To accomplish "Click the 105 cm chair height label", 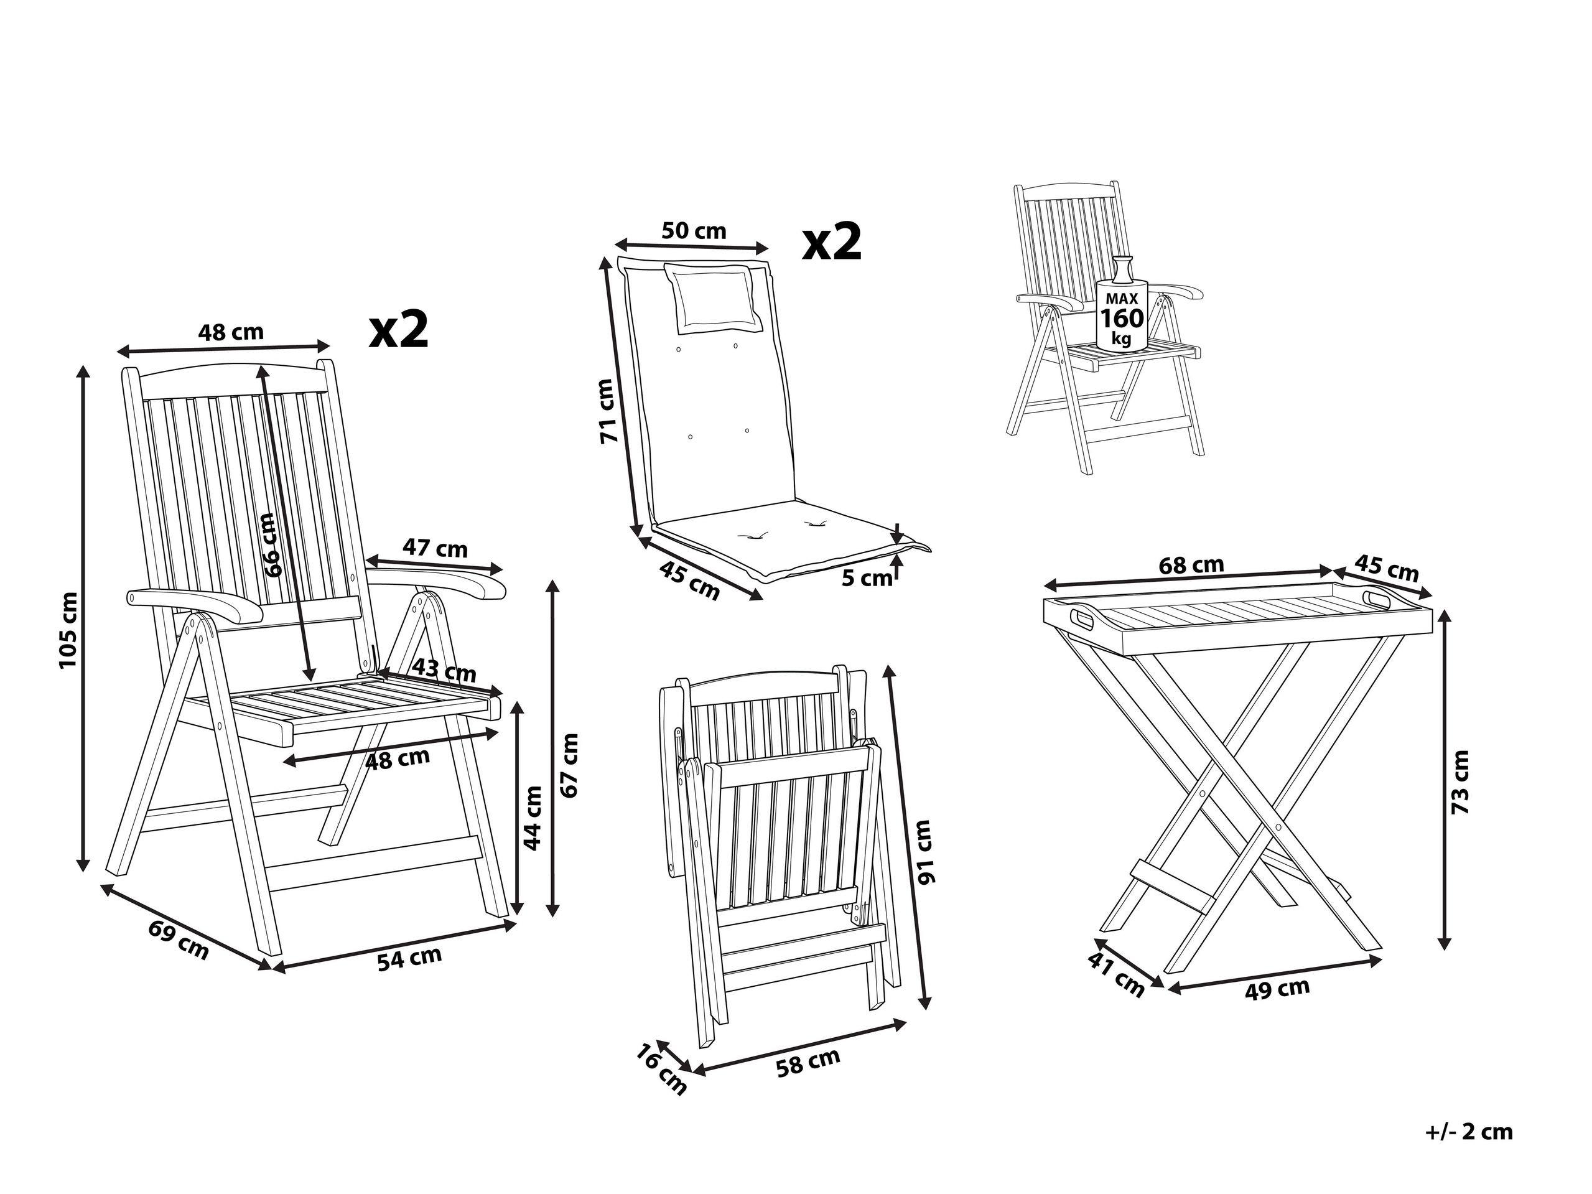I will pyautogui.click(x=68, y=629).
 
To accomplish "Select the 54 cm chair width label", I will pyautogui.click(x=409, y=959).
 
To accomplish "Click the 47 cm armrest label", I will pyautogui.click(x=435, y=548).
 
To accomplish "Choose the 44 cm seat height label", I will pyautogui.click(x=531, y=818).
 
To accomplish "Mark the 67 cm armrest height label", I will pyautogui.click(x=569, y=764).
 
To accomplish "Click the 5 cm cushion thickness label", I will pyautogui.click(x=866, y=577).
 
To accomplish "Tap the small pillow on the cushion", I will pyautogui.click(x=712, y=298).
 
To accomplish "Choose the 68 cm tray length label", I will pyautogui.click(x=1191, y=565).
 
